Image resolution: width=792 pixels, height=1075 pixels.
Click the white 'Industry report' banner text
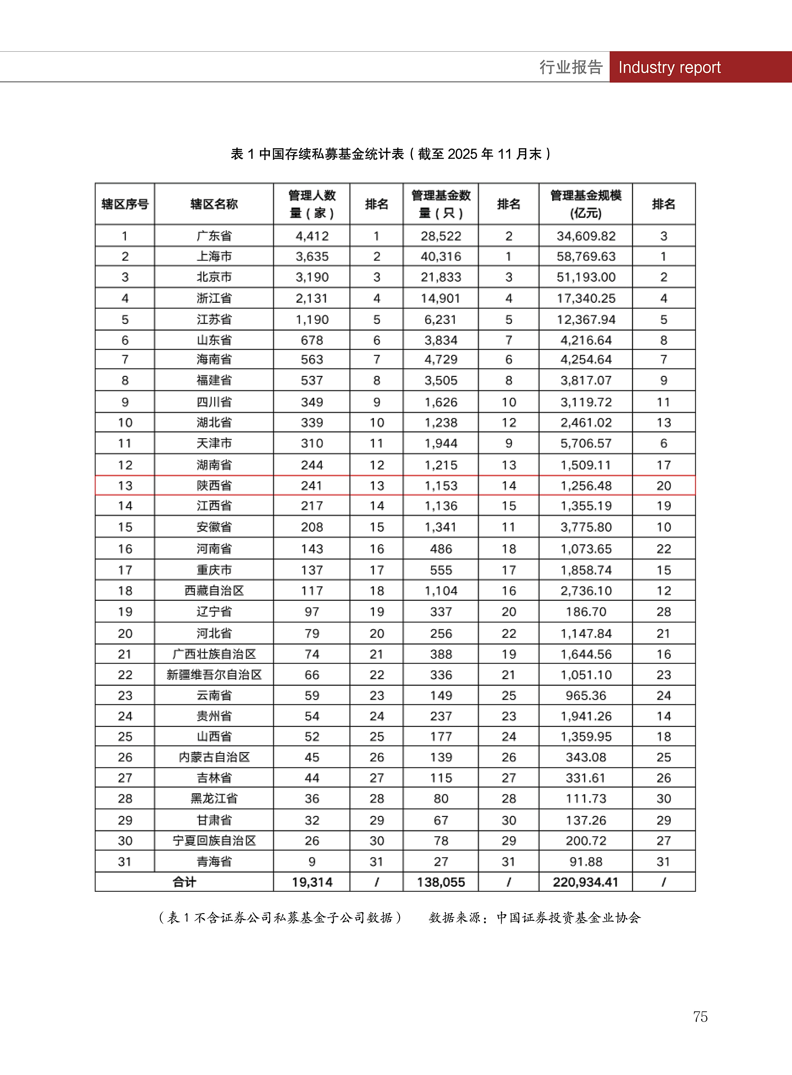[x=669, y=67]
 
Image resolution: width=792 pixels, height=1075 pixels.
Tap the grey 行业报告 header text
[x=570, y=67]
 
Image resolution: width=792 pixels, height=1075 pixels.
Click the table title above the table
[x=391, y=154]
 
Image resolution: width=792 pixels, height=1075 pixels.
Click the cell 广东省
[x=214, y=236]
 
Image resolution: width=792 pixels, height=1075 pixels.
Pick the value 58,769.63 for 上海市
[x=585, y=256]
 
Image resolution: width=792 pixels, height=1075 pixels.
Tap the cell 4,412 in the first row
[x=312, y=236]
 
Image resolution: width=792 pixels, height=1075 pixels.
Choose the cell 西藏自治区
[x=214, y=591]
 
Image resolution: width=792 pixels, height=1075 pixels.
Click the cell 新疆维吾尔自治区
[x=214, y=675]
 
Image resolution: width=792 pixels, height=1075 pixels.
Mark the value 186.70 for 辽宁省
[x=585, y=612]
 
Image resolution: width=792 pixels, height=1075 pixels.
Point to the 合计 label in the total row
[x=184, y=882]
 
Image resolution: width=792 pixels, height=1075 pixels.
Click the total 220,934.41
[x=585, y=882]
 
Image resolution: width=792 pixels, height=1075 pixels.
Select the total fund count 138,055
[x=441, y=882]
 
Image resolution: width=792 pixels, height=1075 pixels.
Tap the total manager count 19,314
[x=312, y=882]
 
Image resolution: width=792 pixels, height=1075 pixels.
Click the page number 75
[x=700, y=1017]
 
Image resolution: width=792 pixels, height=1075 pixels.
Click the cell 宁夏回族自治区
[x=214, y=841]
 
